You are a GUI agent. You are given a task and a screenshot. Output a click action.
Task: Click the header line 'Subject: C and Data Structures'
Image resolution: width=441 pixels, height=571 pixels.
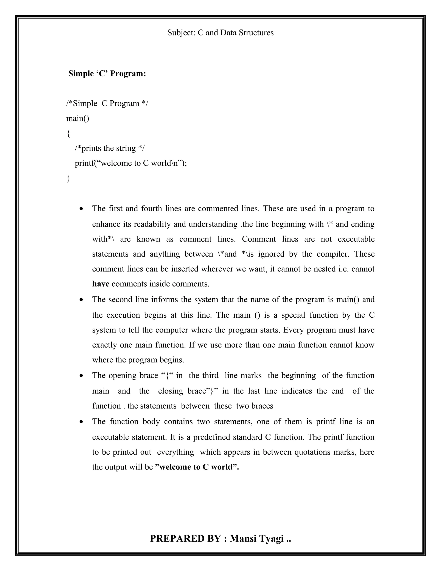pyautogui.click(x=220, y=33)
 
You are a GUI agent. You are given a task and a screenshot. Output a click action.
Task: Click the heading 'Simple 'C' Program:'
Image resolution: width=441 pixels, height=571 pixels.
pyautogui.click(x=107, y=74)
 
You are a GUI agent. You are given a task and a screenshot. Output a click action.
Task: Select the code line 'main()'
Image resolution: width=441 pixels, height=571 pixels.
pyautogui.click(x=78, y=119)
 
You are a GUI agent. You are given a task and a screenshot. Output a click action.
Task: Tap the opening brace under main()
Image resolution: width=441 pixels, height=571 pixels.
pyautogui.click(x=68, y=134)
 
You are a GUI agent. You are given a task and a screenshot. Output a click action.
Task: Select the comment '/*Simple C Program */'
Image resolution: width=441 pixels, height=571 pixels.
pyautogui.click(x=107, y=103)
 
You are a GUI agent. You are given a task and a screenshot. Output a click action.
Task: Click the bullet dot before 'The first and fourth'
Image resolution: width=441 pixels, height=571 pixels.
pyautogui.click(x=82, y=209)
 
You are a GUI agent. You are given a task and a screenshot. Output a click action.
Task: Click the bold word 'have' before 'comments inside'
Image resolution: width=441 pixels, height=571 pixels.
pyautogui.click(x=101, y=284)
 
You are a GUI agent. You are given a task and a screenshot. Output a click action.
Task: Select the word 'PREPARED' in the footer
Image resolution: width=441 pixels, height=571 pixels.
pyautogui.click(x=177, y=539)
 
